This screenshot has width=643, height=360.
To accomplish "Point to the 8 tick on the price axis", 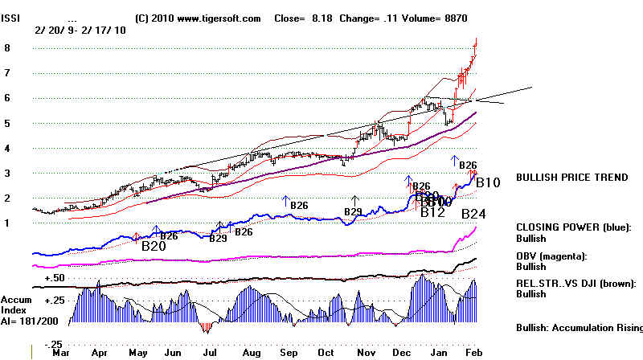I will coord(7,48).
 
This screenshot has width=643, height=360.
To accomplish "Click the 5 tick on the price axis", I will coord(7,123).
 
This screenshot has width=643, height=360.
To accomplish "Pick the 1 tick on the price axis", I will coord(7,223).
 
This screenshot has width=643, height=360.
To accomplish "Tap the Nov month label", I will coord(366,351).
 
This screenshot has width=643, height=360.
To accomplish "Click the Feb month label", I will coord(474,351).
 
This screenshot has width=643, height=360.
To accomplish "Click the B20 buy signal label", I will coord(154,246).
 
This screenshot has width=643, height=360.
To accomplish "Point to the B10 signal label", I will coord(489,183).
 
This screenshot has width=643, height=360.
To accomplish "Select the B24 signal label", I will coord(474,214).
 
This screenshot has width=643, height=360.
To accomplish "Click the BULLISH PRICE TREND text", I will coord(571,178).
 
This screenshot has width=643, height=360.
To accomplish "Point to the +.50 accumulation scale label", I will coord(54,277).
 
